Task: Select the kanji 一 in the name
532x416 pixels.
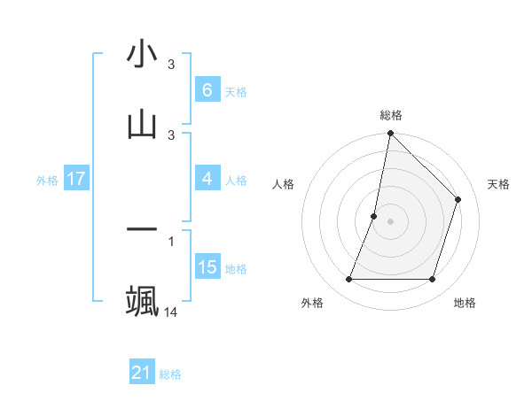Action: [x=142, y=229]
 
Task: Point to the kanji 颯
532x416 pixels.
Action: [x=142, y=300]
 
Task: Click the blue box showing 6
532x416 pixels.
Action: [x=207, y=89]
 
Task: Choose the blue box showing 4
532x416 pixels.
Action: [x=207, y=179]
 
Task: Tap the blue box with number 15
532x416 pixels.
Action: [x=207, y=267]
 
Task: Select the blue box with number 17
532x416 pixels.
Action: [x=76, y=179]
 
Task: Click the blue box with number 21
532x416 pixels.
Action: [x=142, y=373]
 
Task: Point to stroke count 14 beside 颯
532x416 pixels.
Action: [x=171, y=312]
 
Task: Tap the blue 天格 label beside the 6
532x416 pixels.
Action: [x=236, y=91]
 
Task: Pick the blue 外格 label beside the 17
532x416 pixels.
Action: [x=47, y=180]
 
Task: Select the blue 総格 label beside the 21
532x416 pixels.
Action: [x=170, y=374]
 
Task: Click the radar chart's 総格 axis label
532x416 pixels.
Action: [x=390, y=115]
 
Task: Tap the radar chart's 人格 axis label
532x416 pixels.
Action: [x=284, y=184]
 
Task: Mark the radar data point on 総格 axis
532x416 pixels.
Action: [x=390, y=135]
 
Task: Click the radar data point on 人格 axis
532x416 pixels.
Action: [x=374, y=216]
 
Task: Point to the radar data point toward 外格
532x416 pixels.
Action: [x=348, y=280]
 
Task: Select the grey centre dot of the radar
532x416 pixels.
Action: [x=390, y=221]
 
